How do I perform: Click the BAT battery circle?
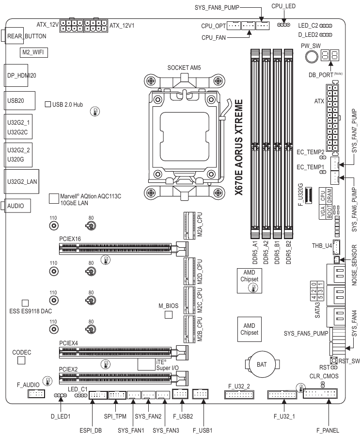point(262,363)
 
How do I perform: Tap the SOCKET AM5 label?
point(185,67)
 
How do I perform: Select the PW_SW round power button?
point(311,57)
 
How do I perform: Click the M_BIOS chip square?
point(169,315)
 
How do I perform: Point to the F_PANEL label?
point(328,430)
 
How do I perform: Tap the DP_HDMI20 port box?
point(20,76)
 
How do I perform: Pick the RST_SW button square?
point(333,360)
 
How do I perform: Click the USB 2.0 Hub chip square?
point(47,104)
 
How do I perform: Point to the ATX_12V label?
point(47,24)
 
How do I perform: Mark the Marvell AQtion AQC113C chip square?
point(54,198)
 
